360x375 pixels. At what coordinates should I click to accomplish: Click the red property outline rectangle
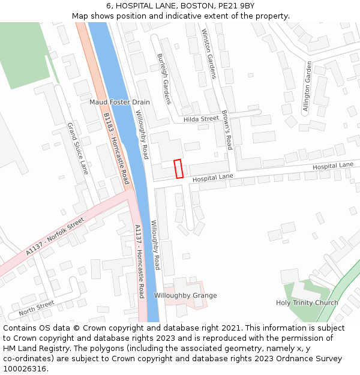[x=178, y=169]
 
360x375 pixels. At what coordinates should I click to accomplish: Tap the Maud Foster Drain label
[x=119, y=102]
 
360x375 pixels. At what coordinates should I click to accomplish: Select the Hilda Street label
[x=201, y=119]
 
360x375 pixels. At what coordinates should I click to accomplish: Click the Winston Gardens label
[x=208, y=54]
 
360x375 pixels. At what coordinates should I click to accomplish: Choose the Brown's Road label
[x=226, y=130]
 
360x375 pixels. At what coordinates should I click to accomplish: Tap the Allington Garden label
[x=307, y=86]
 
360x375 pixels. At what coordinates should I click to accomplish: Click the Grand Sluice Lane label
[x=77, y=148]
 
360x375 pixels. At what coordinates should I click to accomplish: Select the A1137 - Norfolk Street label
[x=55, y=237]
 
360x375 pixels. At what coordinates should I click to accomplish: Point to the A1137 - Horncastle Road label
[x=139, y=261]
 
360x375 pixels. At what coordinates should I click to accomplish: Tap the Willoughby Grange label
[x=185, y=296]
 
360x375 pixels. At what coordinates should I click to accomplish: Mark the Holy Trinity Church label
[x=307, y=303]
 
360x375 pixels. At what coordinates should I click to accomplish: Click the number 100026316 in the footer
[x=25, y=368]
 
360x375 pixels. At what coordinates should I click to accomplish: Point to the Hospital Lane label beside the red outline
[x=212, y=178]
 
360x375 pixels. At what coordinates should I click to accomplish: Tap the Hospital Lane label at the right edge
[x=333, y=166]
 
